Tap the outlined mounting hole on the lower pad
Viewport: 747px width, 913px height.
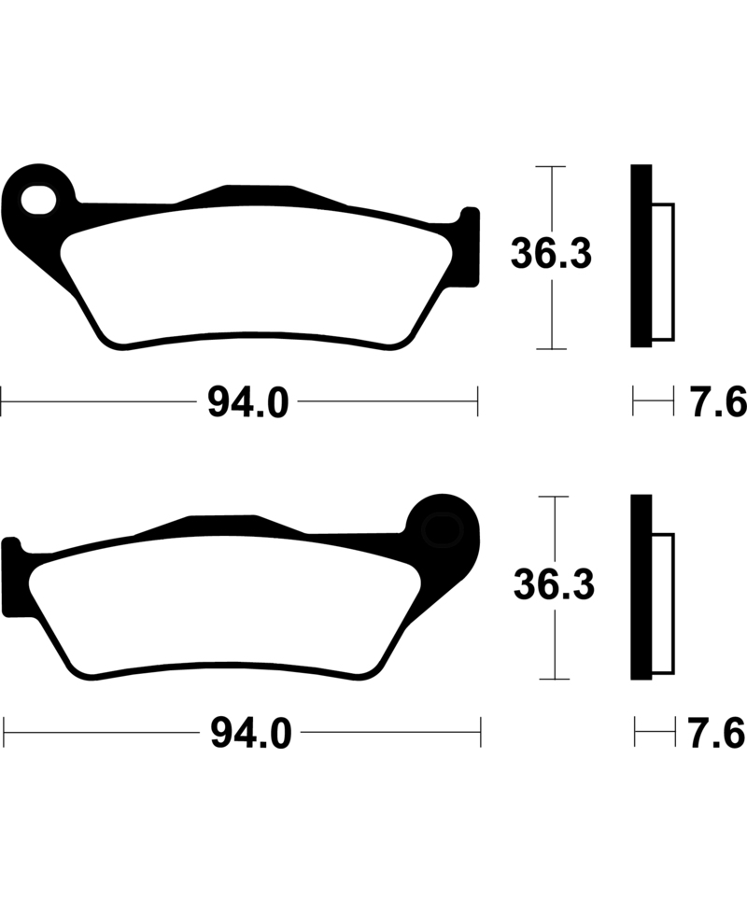point(442,529)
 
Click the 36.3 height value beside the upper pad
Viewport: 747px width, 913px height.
point(551,255)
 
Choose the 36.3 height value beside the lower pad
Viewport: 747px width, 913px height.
point(556,585)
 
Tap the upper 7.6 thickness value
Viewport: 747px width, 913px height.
point(717,403)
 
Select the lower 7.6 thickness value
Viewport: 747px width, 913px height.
point(717,734)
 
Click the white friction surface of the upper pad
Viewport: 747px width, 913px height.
point(252,275)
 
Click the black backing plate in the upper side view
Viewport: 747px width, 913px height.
point(641,257)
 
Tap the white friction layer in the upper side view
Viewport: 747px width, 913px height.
point(662,271)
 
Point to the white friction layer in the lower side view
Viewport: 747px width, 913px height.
point(662,602)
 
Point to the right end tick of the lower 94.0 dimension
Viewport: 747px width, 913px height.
point(480,733)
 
